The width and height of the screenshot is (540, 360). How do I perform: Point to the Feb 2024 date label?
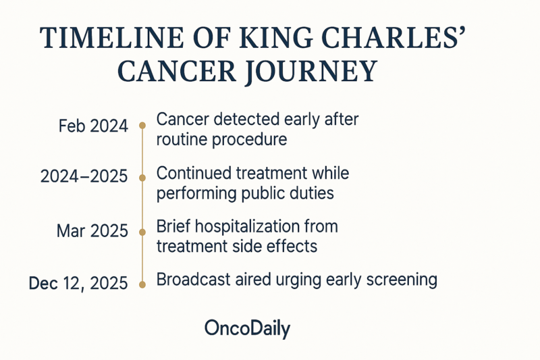coord(93,126)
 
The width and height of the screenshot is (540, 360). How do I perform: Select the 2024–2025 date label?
coord(84,177)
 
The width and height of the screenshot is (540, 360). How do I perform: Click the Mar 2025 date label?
coord(92,230)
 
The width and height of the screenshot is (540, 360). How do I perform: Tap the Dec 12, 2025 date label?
coord(78,284)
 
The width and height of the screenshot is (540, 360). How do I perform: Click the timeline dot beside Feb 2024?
coord(142,125)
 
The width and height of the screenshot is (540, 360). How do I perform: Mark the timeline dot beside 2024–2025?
coord(142,178)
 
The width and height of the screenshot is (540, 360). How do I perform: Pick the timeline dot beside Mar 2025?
coord(142,231)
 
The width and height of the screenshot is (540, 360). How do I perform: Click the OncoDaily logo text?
coord(247,329)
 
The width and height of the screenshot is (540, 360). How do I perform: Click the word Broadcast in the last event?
coord(193,280)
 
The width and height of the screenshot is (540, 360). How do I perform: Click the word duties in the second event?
coord(310,193)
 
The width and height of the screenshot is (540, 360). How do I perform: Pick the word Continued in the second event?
coord(194,173)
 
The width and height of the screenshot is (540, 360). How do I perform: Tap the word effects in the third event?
coord(294,246)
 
